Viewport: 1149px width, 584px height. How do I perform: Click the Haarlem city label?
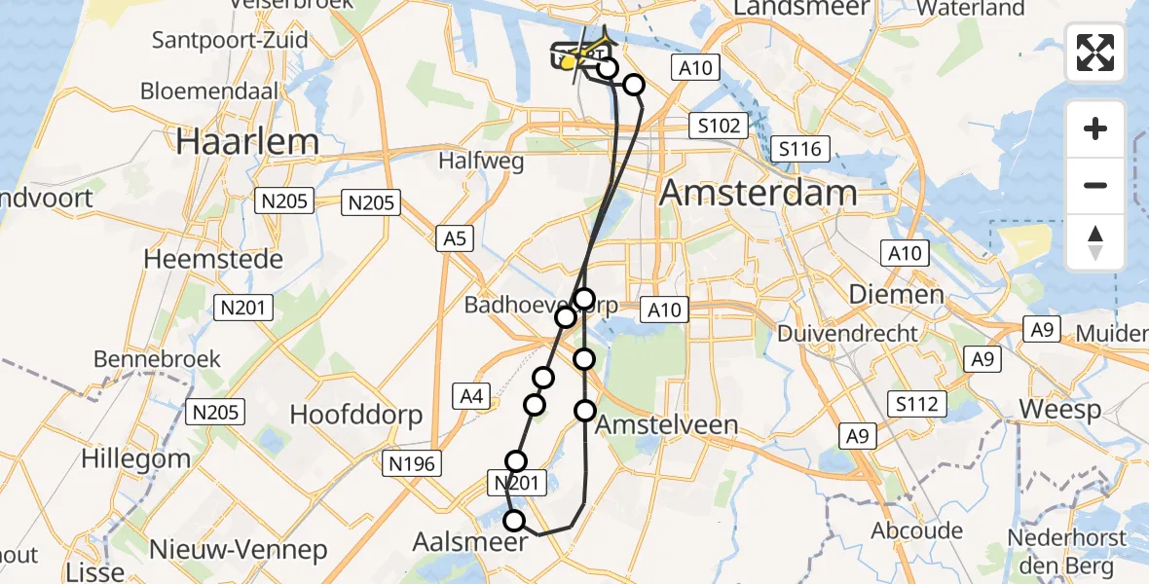coord(247,142)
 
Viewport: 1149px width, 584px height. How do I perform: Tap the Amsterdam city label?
coord(758,193)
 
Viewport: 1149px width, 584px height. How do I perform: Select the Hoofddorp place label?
coord(356,416)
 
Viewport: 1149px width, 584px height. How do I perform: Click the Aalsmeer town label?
coord(471,541)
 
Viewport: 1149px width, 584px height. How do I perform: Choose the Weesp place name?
coord(1059,409)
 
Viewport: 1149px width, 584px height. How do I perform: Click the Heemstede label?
coord(213,260)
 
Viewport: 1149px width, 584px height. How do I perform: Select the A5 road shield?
coord(455,237)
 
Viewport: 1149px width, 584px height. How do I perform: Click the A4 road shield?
coord(471,395)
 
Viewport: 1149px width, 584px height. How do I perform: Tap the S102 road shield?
coord(719,125)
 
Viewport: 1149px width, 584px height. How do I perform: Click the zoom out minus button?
coord(1095,185)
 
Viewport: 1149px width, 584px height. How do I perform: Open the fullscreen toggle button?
coord(1095,54)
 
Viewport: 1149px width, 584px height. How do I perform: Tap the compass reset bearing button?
coord(1095,242)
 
